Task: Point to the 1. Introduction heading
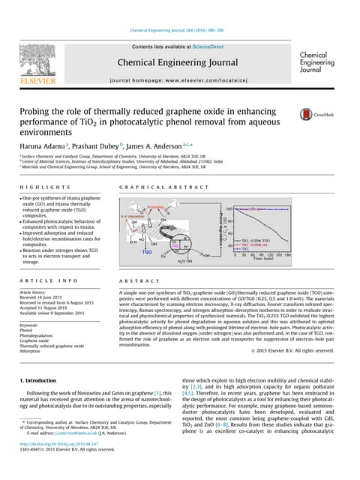coord(43,381)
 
